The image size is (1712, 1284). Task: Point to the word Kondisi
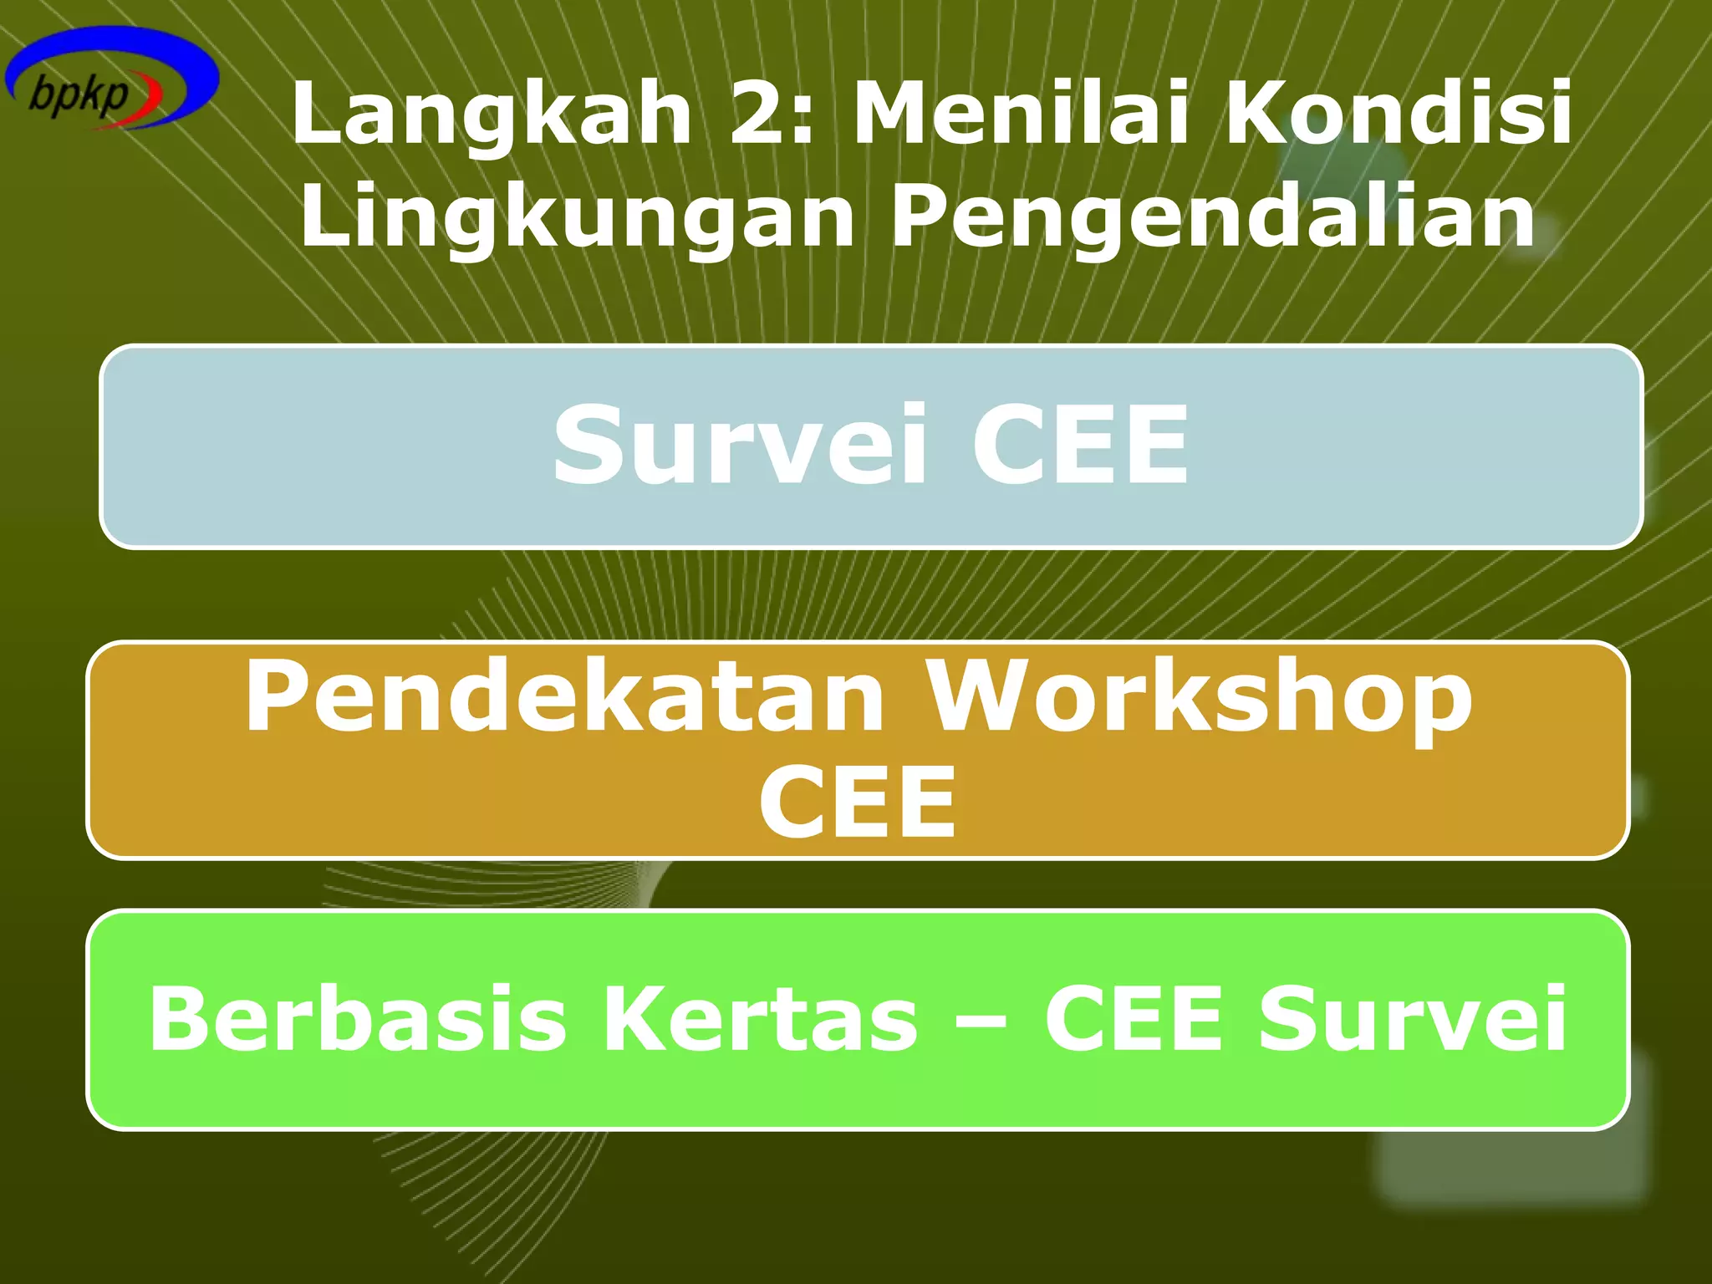pos(1398,112)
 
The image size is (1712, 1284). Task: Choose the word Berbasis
pos(358,1018)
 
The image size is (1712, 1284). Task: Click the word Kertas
pos(761,1018)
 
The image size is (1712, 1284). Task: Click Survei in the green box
pos(1413,1018)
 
